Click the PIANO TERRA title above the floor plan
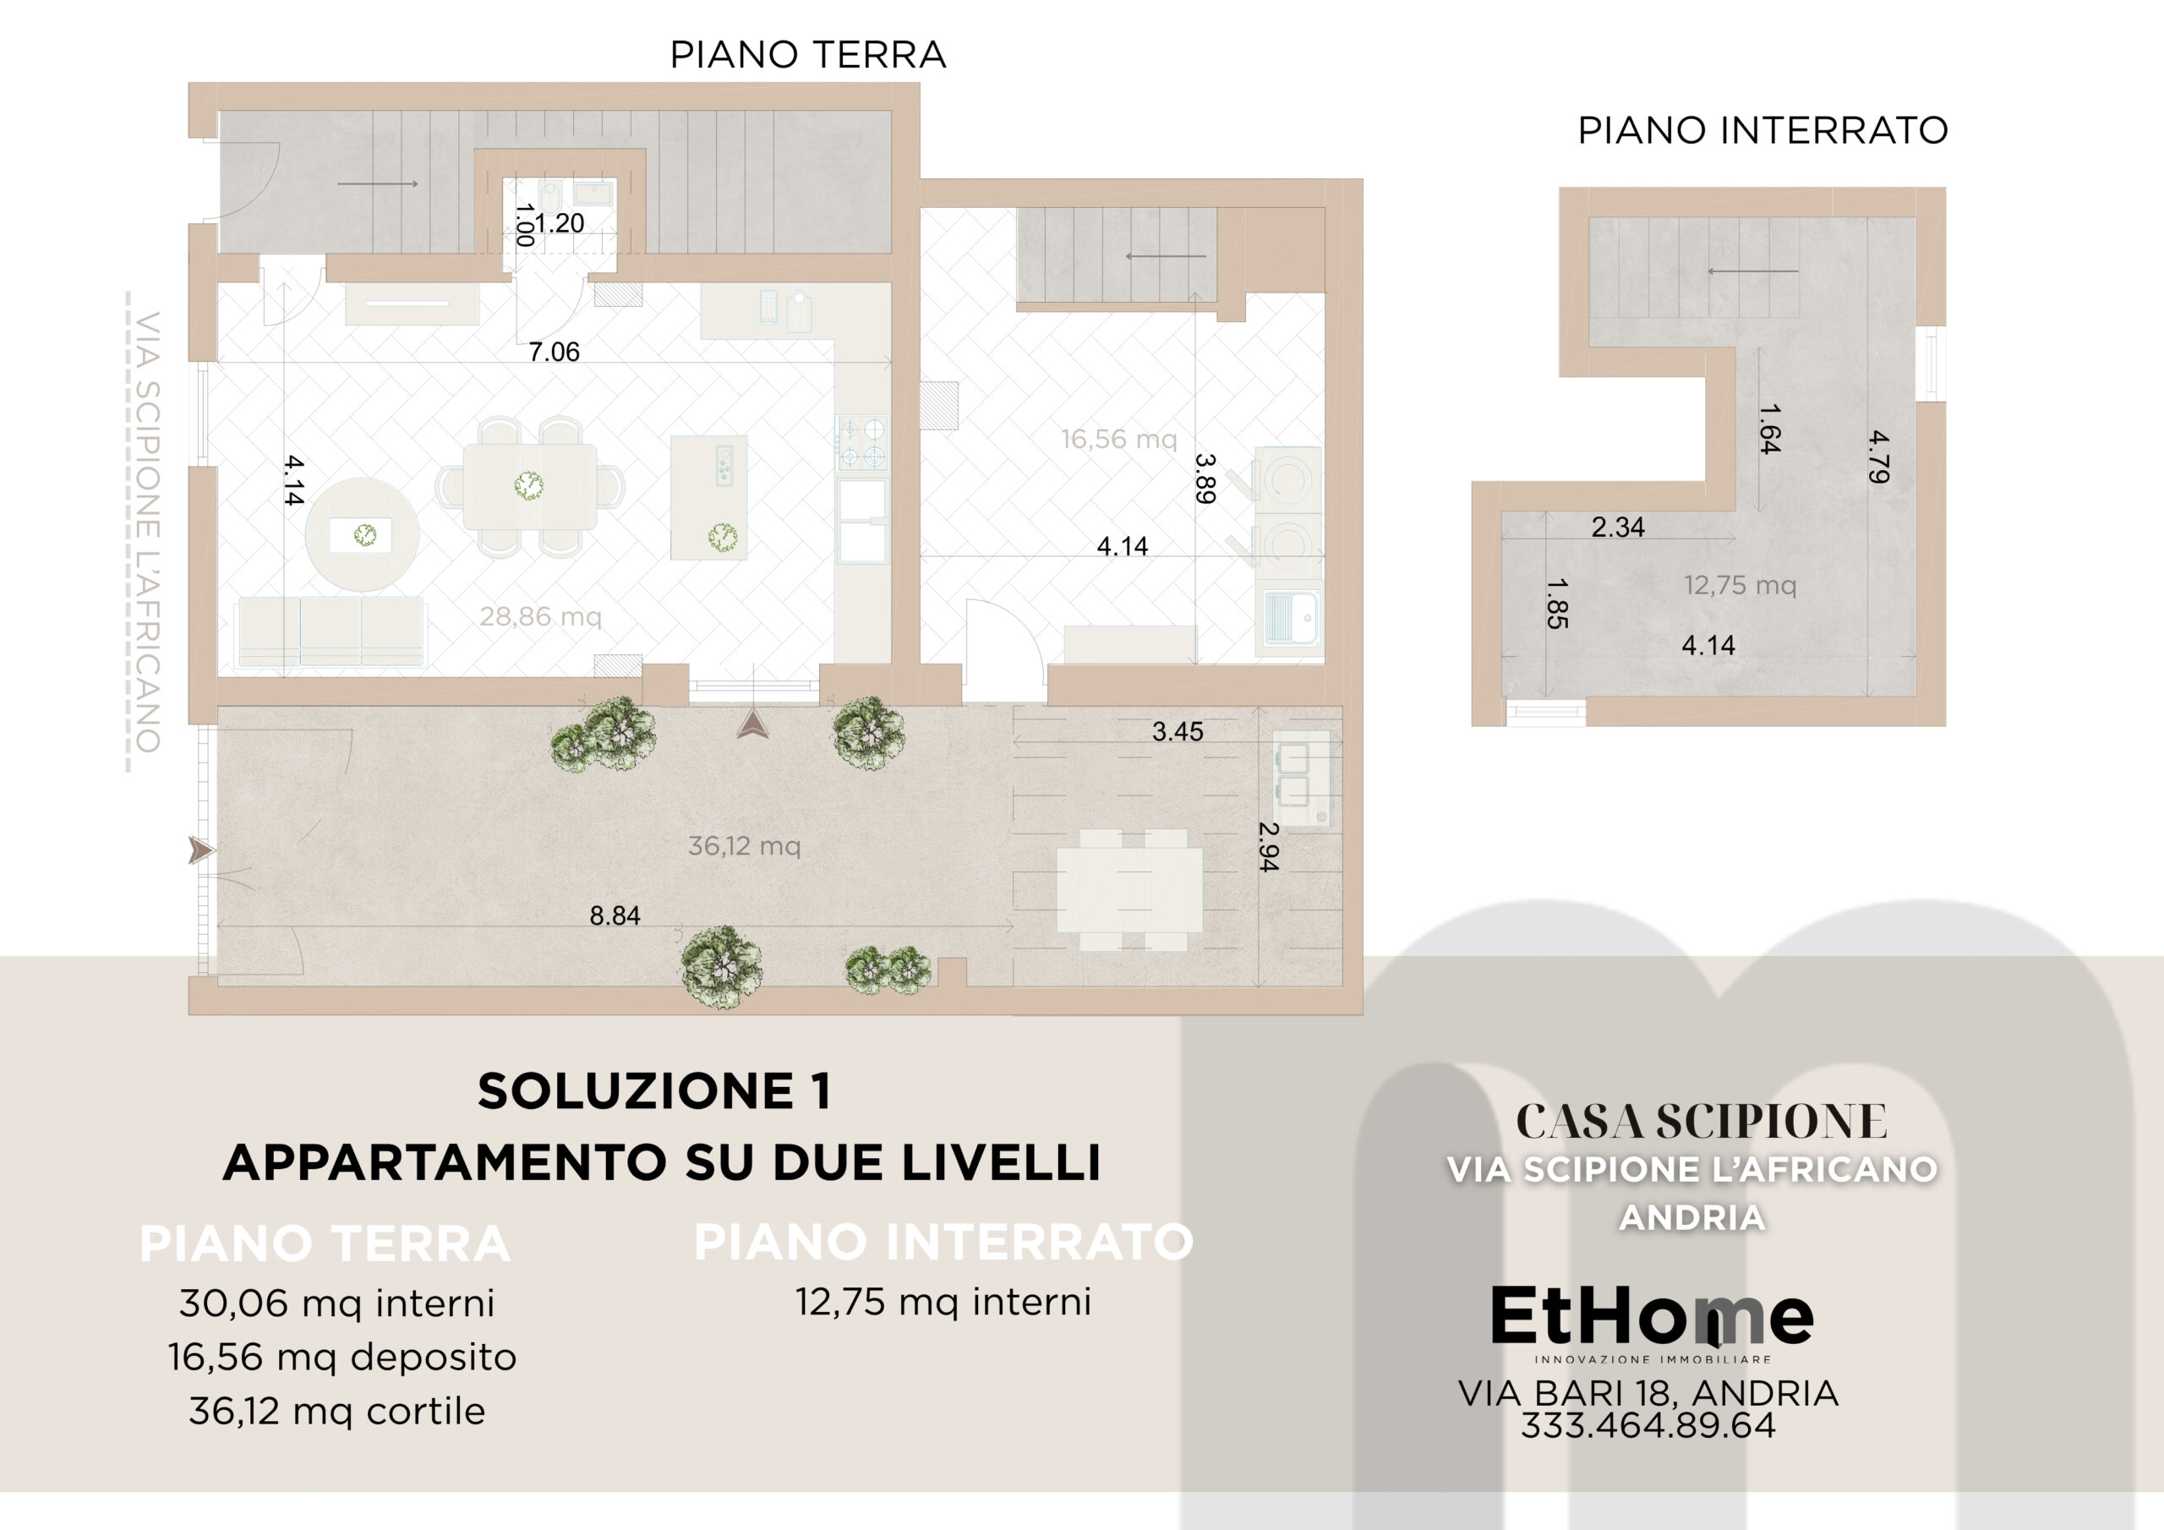(808, 55)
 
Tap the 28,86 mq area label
(540, 616)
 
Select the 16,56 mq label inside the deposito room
(1118, 440)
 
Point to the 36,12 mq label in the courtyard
(745, 845)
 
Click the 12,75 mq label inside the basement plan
(1740, 586)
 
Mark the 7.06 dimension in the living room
(555, 352)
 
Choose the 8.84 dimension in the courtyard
(615, 915)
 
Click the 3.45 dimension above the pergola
(1178, 731)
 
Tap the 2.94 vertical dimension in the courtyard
(1269, 846)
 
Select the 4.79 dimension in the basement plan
(1878, 457)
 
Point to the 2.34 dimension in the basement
(1617, 527)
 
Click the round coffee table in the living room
(363, 534)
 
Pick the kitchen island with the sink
(708, 498)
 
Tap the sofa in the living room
(330, 631)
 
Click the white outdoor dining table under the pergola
(1129, 890)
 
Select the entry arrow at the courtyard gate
(200, 850)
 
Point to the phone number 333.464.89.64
(1648, 1424)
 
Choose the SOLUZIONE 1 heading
(654, 1091)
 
